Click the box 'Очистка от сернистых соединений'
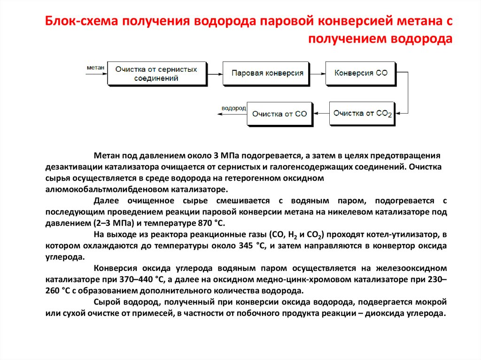click(x=156, y=73)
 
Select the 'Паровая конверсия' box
click(x=266, y=73)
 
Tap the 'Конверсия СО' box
click(x=360, y=73)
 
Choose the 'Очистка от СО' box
click(x=279, y=114)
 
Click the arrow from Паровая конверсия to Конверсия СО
click(x=318, y=74)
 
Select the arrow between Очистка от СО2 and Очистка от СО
click(x=321, y=113)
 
